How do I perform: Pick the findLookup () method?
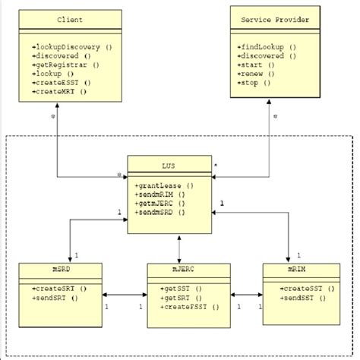pos(263,47)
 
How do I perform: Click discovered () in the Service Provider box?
pos(263,56)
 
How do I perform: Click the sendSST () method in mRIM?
pos(298,299)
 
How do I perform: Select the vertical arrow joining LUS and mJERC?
pos(179,246)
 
